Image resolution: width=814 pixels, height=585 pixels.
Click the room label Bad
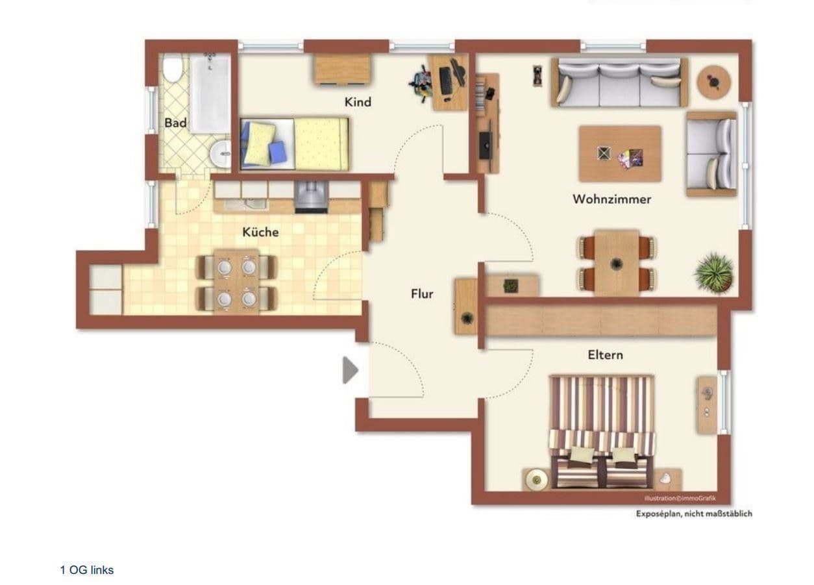pyautogui.click(x=175, y=123)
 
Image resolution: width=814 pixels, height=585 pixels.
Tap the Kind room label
pyautogui.click(x=358, y=102)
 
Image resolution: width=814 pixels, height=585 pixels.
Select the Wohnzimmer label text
pyautogui.click(x=611, y=199)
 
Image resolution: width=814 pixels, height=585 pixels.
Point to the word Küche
pyautogui.click(x=260, y=232)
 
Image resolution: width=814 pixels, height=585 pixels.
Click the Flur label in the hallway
pyautogui.click(x=422, y=293)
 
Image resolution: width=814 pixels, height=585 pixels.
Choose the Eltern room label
pyautogui.click(x=605, y=355)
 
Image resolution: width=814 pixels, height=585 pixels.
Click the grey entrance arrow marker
pyautogui.click(x=350, y=371)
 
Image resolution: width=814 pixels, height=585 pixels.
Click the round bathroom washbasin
pyautogui.click(x=221, y=155)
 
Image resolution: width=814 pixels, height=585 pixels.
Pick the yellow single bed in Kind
pyautogui.click(x=295, y=143)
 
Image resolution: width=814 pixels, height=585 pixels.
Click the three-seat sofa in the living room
pyautogui.click(x=619, y=82)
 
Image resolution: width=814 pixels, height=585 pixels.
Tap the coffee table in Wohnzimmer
pyautogui.click(x=620, y=154)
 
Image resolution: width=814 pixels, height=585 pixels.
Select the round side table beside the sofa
pyautogui.click(x=714, y=82)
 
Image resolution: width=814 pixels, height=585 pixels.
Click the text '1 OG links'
pyautogui.click(x=86, y=570)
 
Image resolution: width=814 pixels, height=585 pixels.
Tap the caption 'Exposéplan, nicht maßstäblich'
pyautogui.click(x=694, y=514)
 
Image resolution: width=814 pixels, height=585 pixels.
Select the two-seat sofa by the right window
pyautogui.click(x=711, y=153)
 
